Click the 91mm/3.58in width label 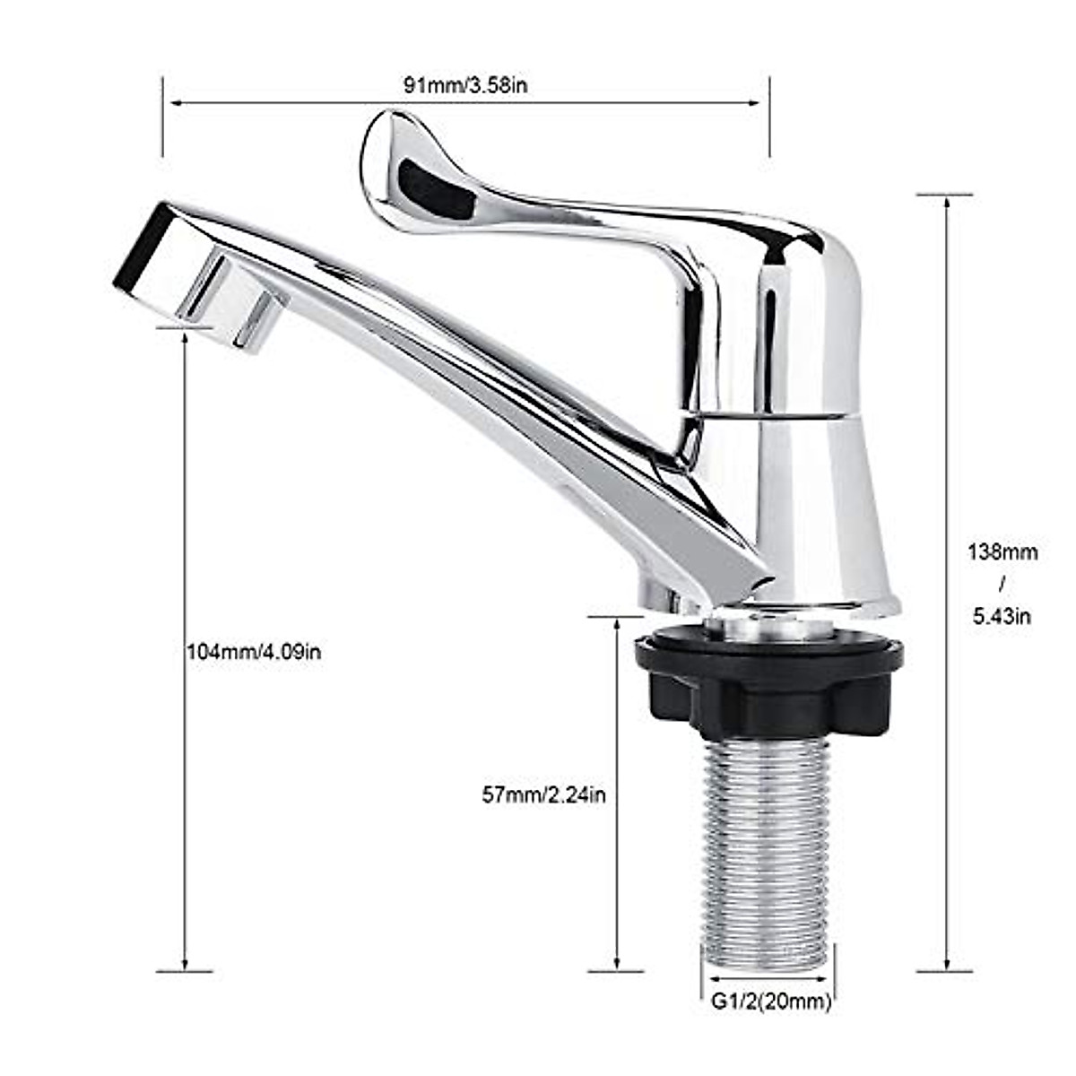pyautogui.click(x=464, y=86)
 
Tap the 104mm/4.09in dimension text pyautogui.click(x=254, y=652)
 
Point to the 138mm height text pyautogui.click(x=1002, y=552)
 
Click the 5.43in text pyautogui.click(x=1002, y=616)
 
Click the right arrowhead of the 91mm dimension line pyautogui.click(x=758, y=103)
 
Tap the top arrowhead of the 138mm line pyautogui.click(x=945, y=202)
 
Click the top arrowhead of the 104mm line pyautogui.click(x=185, y=335)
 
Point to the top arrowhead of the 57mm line pyautogui.click(x=617, y=624)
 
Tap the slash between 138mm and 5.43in pyautogui.click(x=1002, y=584)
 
